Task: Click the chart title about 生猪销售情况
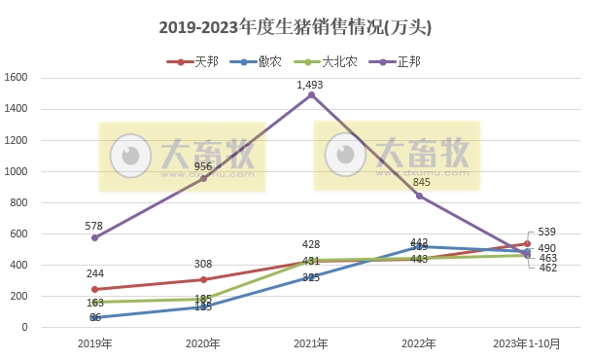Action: [296, 28]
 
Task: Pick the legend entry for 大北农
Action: [331, 61]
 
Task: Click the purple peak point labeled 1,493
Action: [311, 95]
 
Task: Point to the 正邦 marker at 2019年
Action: [94, 237]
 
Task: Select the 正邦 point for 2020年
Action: [203, 178]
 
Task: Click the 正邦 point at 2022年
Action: [420, 196]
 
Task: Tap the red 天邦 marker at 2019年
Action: [94, 289]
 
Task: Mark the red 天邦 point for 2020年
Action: [203, 279]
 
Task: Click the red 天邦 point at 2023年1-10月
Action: [528, 243]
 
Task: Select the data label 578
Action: [94, 225]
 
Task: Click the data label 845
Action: [422, 182]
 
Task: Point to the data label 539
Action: [546, 231]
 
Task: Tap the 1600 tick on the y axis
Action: [17, 78]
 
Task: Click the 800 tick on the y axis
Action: [19, 202]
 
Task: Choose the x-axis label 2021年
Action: [311, 343]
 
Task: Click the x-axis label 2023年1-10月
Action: [528, 343]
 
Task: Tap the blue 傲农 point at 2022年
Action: [420, 247]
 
